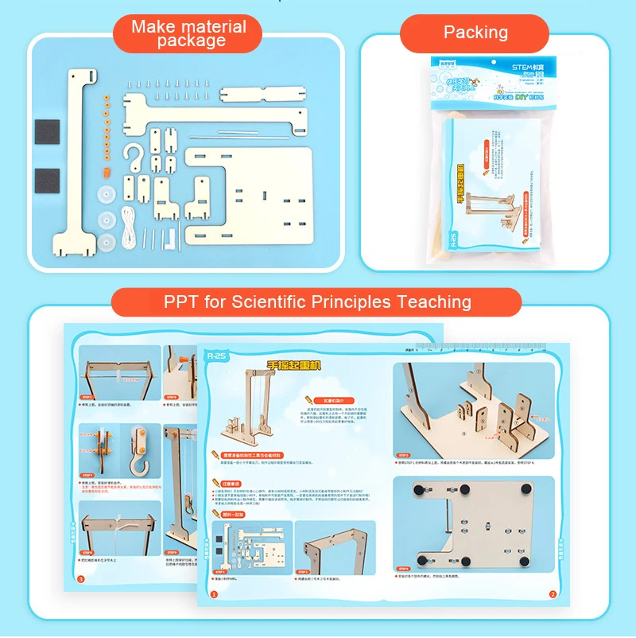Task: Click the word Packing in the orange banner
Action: pos(475,33)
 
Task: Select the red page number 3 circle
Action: pos(79,579)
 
